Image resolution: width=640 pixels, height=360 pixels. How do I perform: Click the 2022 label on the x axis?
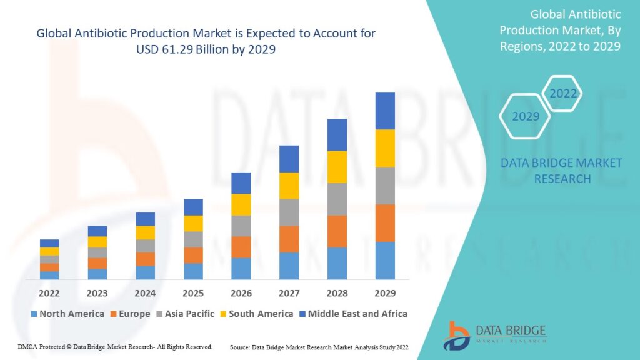[49, 293]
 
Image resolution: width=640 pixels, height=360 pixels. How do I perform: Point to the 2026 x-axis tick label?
[241, 293]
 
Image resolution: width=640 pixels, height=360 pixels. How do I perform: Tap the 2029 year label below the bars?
[385, 293]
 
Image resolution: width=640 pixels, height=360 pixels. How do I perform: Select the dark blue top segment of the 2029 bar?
[385, 111]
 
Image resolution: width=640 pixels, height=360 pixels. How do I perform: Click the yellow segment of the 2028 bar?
[337, 167]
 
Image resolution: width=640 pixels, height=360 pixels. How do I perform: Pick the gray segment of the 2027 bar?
[289, 212]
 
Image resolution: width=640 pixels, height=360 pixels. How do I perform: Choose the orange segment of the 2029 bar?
[385, 223]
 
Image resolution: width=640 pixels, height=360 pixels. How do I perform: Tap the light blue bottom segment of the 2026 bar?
[241, 269]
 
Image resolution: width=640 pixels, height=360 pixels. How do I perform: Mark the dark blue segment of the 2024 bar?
[145, 219]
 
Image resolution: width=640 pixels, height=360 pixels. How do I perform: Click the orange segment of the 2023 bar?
[97, 263]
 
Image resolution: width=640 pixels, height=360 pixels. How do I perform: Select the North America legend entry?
[67, 314]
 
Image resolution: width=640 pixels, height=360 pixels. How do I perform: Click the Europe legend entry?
[130, 314]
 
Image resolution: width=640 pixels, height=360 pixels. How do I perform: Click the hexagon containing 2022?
[562, 94]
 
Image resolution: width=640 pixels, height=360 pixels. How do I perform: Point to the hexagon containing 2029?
[526, 116]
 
